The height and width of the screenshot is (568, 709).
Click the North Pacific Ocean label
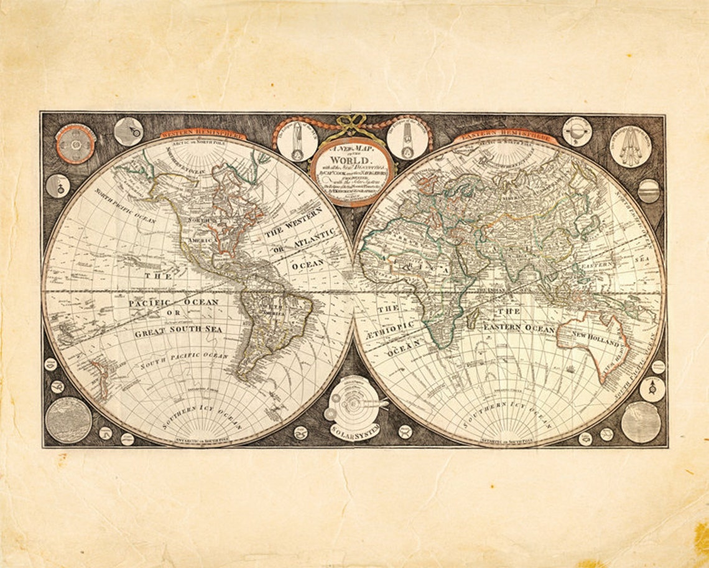tap(125, 206)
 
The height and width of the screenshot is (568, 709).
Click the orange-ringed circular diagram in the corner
tap(75, 144)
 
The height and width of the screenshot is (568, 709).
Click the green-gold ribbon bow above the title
tap(353, 125)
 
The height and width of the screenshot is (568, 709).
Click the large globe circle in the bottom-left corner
tap(68, 420)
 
